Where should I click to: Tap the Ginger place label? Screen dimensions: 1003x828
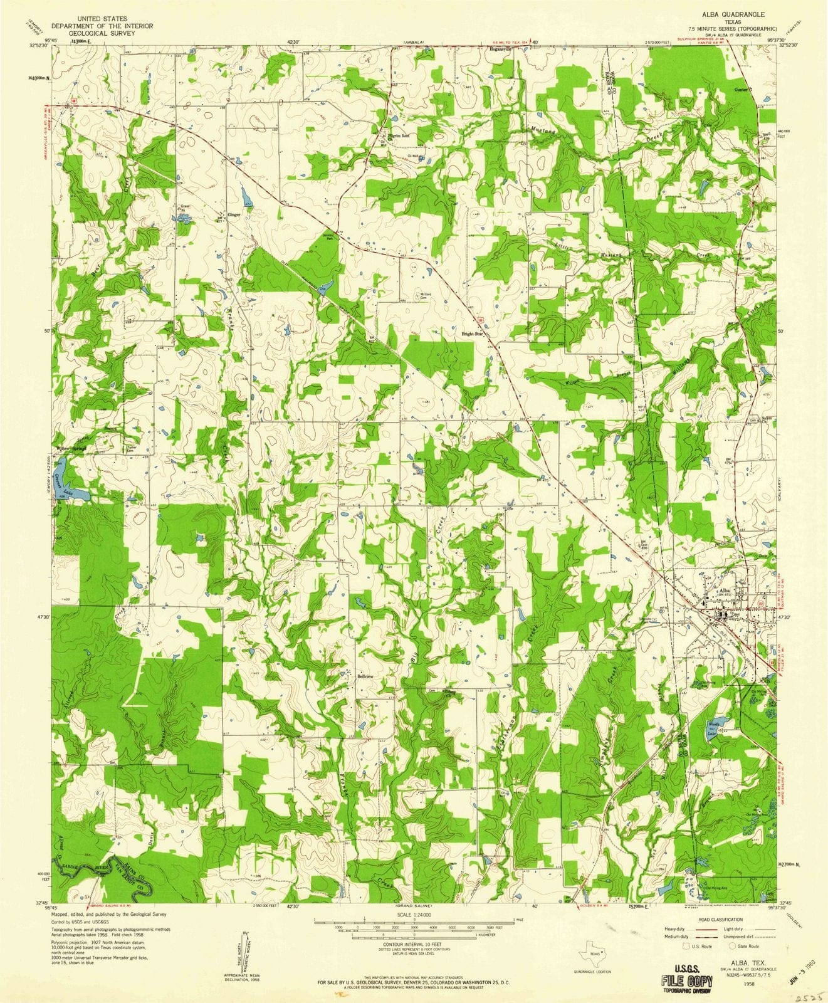pos(234,214)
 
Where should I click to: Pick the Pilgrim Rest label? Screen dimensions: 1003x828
pos(396,135)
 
